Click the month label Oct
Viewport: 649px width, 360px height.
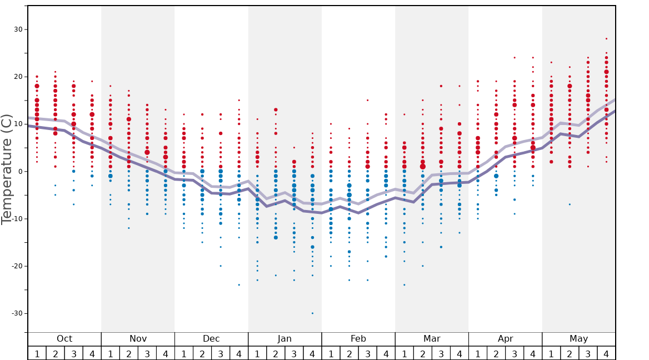click(x=64, y=339)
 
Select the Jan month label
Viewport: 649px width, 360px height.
click(x=284, y=339)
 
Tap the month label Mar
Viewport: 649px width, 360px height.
click(x=432, y=339)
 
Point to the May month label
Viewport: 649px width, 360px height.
click(x=578, y=339)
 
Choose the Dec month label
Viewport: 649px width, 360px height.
click(x=211, y=339)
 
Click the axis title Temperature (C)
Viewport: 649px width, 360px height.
click(x=7, y=169)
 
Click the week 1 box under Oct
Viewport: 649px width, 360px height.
click(x=37, y=353)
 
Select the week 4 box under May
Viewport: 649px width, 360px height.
click(x=606, y=353)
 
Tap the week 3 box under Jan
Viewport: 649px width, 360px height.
click(x=294, y=353)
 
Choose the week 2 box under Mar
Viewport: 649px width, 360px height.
click(x=422, y=353)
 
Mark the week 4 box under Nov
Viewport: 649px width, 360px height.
click(x=166, y=353)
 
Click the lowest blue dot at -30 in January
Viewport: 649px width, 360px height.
click(x=312, y=313)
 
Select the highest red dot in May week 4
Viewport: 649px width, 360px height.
click(x=606, y=39)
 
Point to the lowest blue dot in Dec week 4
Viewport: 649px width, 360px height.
click(x=239, y=284)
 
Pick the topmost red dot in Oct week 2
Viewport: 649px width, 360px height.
click(x=55, y=72)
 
